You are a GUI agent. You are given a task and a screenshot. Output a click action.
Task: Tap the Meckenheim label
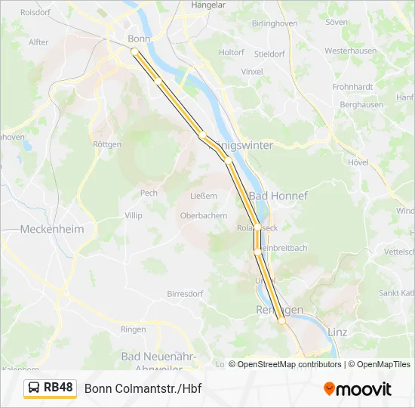pyautogui.click(x=52, y=229)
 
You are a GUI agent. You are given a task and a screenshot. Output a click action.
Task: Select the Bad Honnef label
pyautogui.click(x=278, y=196)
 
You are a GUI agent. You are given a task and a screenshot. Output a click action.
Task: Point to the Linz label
pyautogui.click(x=337, y=332)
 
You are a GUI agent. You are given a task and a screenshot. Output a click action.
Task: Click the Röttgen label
pyautogui.click(x=106, y=144)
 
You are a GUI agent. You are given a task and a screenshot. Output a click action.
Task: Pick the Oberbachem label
pyautogui.click(x=203, y=215)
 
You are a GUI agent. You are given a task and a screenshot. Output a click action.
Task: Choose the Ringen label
pyautogui.click(x=134, y=329)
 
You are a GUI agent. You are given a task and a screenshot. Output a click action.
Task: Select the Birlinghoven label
pyautogui.click(x=274, y=23)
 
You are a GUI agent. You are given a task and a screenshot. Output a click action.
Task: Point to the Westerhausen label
pyautogui.click(x=350, y=51)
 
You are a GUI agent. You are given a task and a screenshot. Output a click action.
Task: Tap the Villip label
pyautogui.click(x=133, y=215)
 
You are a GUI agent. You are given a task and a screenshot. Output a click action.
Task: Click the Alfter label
pyautogui.click(x=38, y=42)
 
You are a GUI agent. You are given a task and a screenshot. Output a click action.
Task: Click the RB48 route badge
pyautogui.click(x=51, y=388)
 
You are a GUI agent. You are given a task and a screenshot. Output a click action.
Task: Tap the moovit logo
pyautogui.click(x=358, y=389)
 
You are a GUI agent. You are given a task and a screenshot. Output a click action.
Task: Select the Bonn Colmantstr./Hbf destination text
pyautogui.click(x=143, y=388)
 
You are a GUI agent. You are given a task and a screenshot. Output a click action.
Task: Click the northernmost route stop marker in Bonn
pyautogui.click(x=134, y=51)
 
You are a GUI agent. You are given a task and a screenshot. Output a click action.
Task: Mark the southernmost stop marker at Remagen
pyautogui.click(x=282, y=321)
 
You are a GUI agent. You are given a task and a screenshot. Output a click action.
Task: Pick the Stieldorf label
pyautogui.click(x=269, y=54)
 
